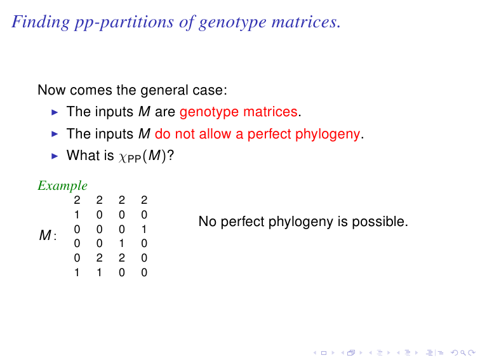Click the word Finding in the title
[x=41, y=22]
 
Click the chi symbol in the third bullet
[x=123, y=157]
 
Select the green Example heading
[x=63, y=185]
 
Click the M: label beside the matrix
[x=48, y=236]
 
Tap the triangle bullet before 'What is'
[x=55, y=156]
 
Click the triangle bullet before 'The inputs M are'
[x=55, y=112]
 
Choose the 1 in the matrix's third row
[x=144, y=229]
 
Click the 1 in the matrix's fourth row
[x=122, y=243]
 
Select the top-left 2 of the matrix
[x=77, y=200]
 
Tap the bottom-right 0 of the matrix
[x=144, y=272]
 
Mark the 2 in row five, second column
[x=100, y=258]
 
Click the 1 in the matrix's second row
[x=77, y=215]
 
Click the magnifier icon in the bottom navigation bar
[x=463, y=353]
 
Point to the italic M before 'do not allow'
[x=145, y=134]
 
